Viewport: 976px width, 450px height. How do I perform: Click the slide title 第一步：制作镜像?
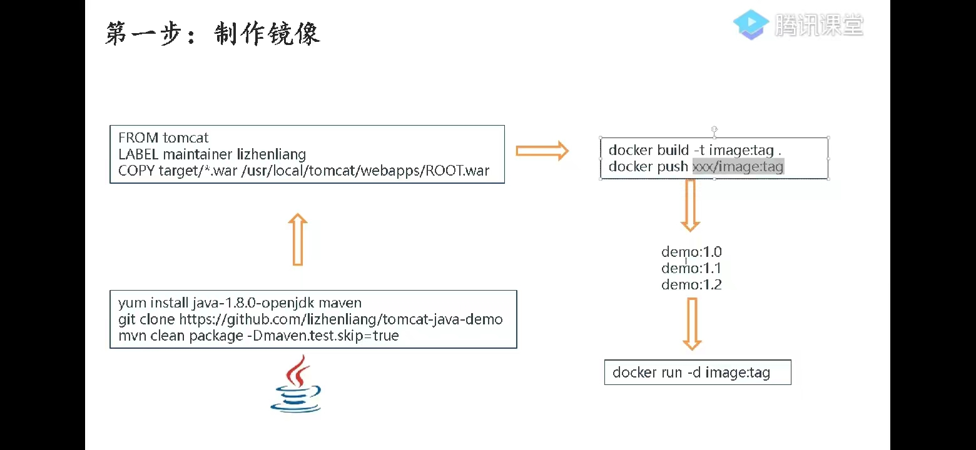coord(213,34)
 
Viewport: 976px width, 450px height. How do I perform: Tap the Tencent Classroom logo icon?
coord(751,25)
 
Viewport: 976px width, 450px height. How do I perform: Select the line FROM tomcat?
coord(163,137)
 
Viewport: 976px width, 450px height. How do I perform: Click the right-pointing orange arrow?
coord(542,151)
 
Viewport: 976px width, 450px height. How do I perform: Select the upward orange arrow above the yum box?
coord(298,239)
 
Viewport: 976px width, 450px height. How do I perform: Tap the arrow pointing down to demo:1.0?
coord(690,206)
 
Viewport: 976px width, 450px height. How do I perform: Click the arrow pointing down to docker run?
coord(691,324)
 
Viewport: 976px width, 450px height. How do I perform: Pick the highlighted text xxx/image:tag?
coord(738,166)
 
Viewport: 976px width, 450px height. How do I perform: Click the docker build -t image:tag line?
coord(694,150)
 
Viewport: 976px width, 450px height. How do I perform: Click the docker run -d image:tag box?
coord(697,372)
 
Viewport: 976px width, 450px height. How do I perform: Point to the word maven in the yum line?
coord(340,303)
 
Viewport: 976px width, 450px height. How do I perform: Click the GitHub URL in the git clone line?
coord(341,319)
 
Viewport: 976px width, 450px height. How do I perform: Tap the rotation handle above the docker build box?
coord(714,129)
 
